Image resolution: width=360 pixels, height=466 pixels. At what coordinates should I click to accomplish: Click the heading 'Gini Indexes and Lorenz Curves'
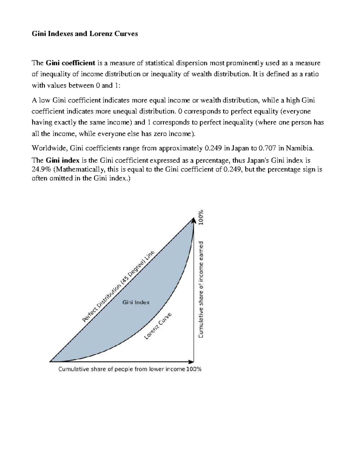coord(85,34)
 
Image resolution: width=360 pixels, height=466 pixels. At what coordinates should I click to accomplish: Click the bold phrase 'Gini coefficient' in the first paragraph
coord(70,63)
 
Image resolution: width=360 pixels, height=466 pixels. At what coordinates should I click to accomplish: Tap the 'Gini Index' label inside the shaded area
coord(136,302)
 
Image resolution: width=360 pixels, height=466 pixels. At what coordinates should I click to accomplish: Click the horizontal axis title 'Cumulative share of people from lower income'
coord(121,369)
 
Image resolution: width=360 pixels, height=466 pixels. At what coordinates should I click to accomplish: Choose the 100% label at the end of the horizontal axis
coord(194,369)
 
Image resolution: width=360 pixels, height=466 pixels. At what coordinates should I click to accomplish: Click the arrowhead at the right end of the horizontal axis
coord(191,362)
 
